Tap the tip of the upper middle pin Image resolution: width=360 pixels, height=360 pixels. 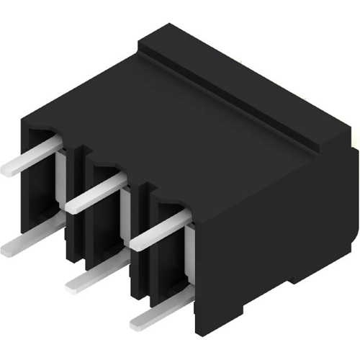[x=71, y=207]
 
